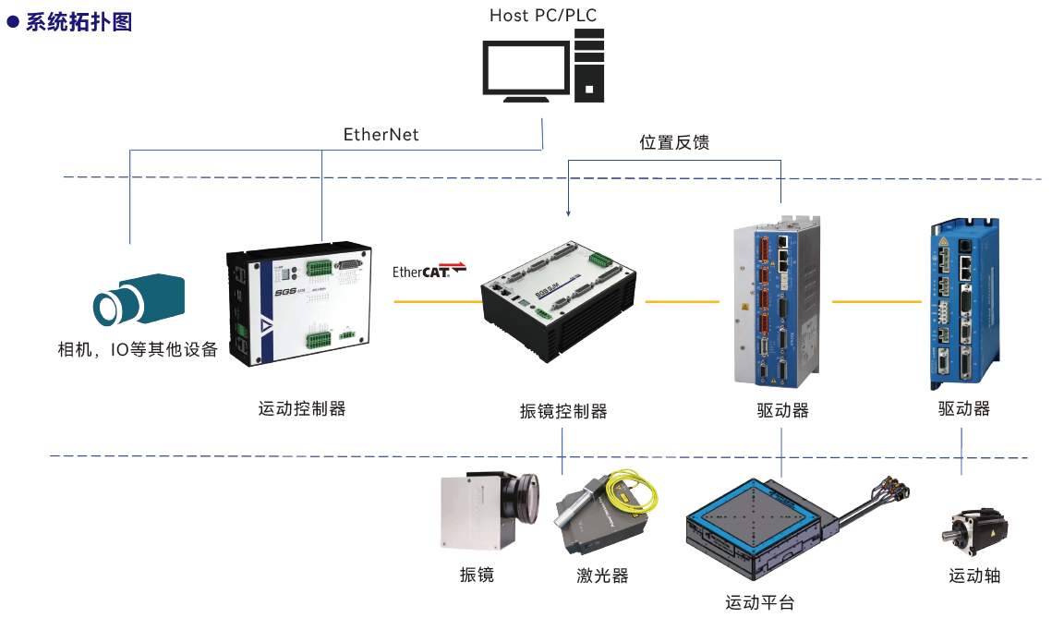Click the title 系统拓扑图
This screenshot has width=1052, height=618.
(x=78, y=21)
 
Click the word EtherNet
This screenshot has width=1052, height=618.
(x=381, y=135)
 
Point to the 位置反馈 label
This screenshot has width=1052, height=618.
(x=674, y=142)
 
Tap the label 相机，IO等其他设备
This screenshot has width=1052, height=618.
(x=138, y=350)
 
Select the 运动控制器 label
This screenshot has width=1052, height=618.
(x=302, y=407)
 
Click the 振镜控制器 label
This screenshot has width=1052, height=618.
(x=563, y=411)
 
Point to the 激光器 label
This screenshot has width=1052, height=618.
(x=602, y=576)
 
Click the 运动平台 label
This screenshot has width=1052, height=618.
(x=759, y=603)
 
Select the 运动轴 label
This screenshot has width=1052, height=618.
(x=974, y=576)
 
